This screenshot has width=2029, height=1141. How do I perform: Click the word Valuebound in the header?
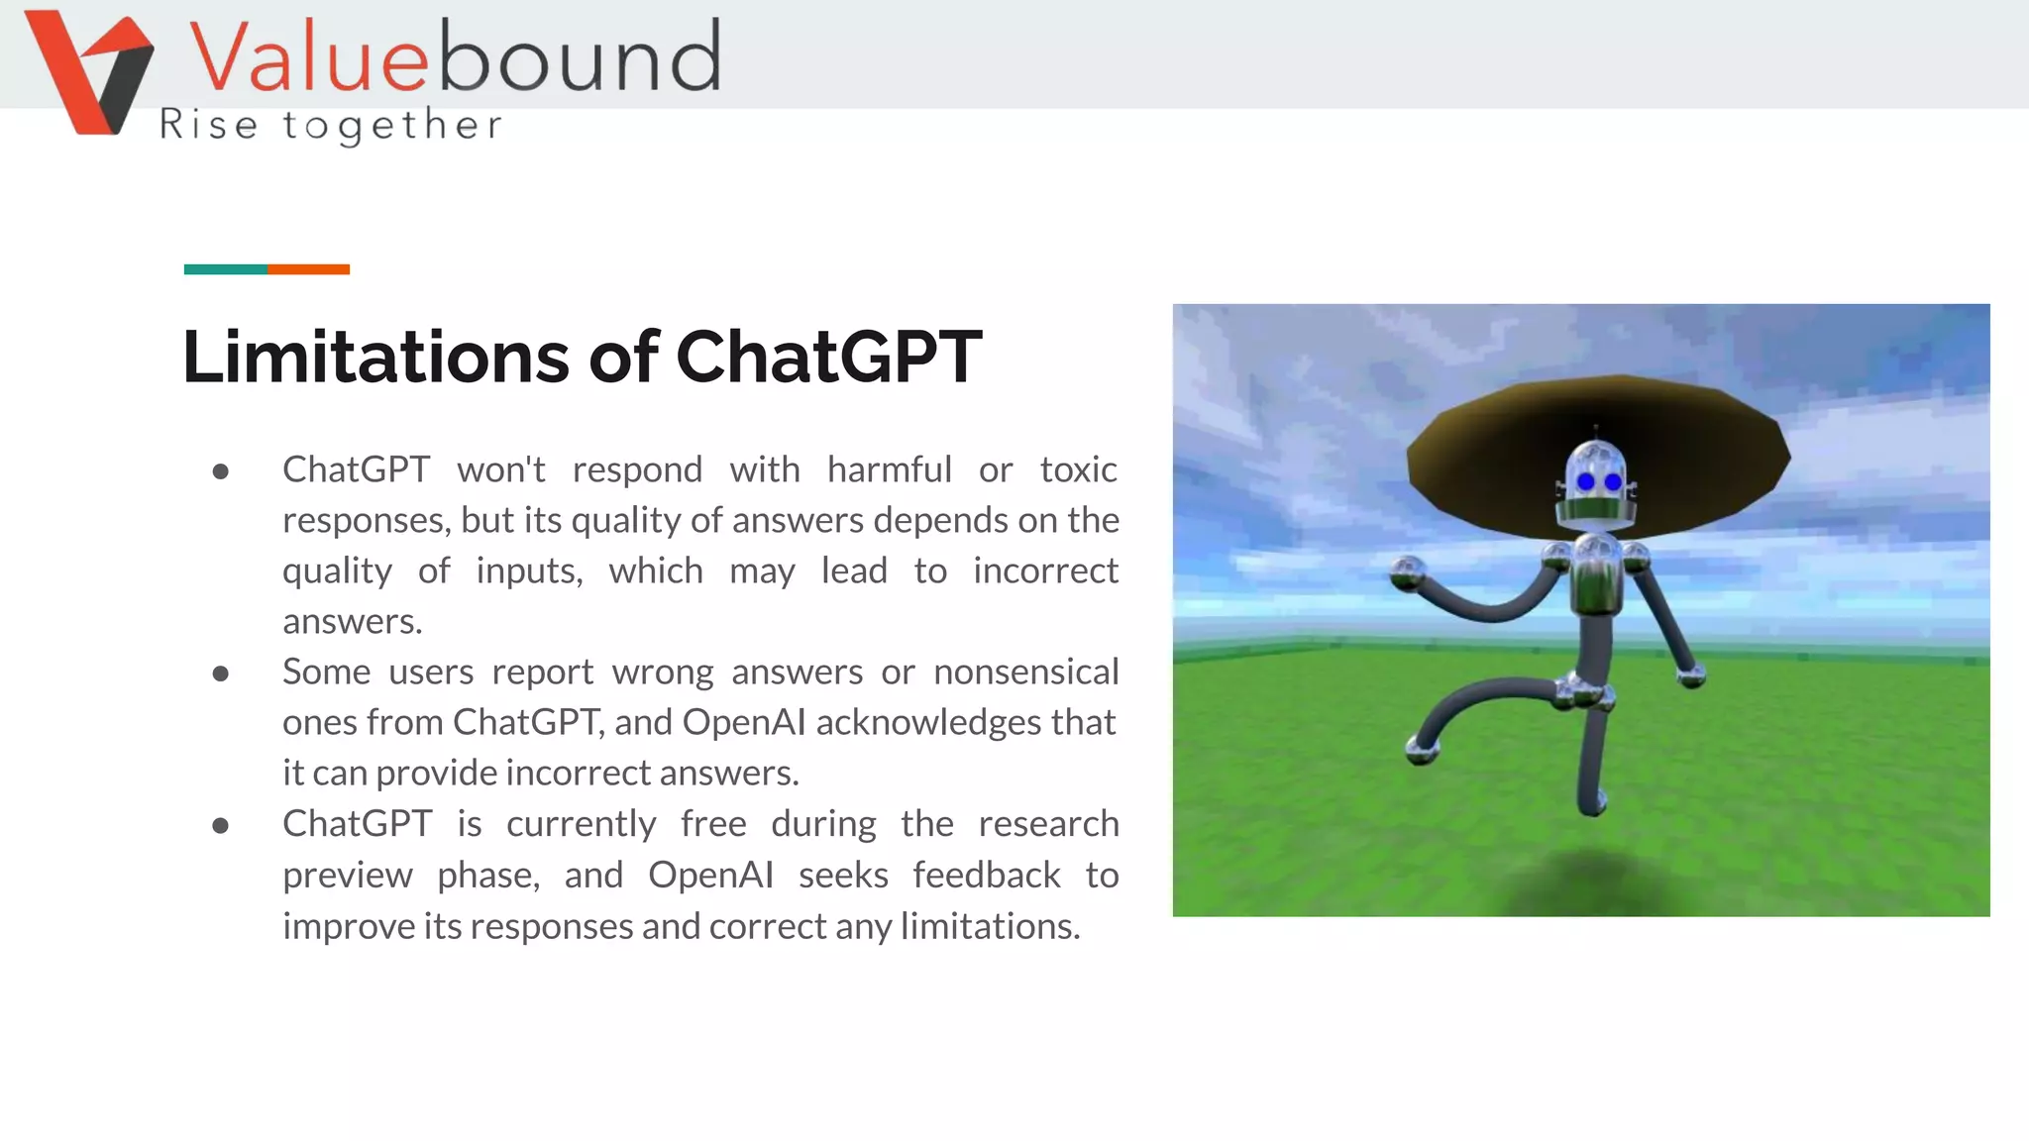tap(454, 57)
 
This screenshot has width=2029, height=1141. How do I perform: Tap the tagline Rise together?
tap(331, 126)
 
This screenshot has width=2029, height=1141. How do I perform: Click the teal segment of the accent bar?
tap(225, 269)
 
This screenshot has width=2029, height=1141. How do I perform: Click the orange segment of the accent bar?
tap(308, 269)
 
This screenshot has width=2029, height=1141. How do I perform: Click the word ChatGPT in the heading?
tap(828, 357)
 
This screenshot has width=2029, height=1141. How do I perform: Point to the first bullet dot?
tap(221, 471)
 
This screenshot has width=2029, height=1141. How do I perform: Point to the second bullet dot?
tap(221, 674)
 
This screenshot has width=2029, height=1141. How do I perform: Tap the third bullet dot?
tap(221, 826)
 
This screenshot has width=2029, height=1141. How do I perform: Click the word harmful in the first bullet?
tap(889, 469)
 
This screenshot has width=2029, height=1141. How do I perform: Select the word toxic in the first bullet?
tap(1078, 469)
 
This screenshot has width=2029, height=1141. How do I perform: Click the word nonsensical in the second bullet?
tap(1025, 673)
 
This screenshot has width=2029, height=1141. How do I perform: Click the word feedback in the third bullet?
tap(986, 876)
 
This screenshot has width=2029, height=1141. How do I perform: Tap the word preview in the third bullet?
tap(347, 876)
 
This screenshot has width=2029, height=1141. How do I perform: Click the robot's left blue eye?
tap(1585, 482)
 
